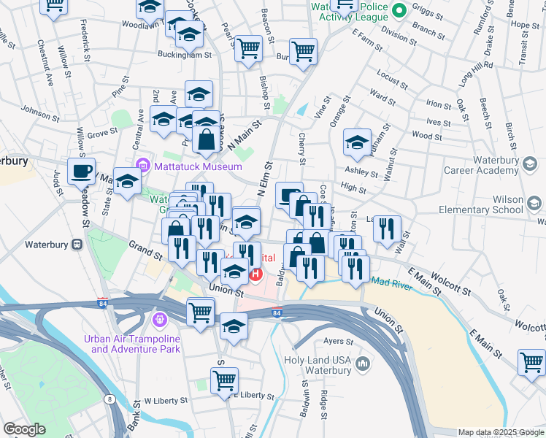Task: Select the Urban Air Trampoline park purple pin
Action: [x=160, y=320]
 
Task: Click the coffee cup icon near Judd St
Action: [x=81, y=172]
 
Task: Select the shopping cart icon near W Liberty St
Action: [x=224, y=380]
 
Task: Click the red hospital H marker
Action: [x=255, y=274]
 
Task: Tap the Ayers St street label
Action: [x=338, y=341]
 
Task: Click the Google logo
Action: [x=24, y=430]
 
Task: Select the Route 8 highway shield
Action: [x=109, y=399]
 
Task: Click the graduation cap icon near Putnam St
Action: [x=357, y=142]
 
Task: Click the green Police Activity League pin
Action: [x=399, y=11]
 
